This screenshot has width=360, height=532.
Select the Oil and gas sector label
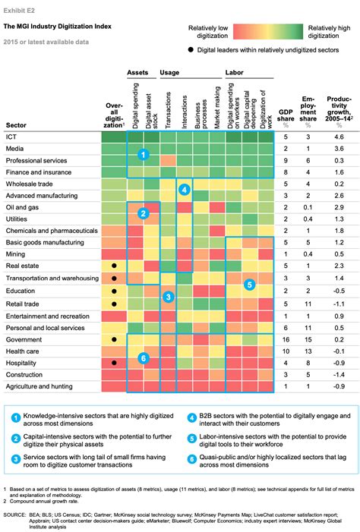coord(23,206)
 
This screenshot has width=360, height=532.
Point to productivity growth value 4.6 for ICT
coord(338,137)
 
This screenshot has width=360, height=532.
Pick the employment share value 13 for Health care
coord(308,351)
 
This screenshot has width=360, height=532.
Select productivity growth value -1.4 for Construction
coord(338,375)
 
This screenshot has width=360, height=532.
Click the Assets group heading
coord(137,74)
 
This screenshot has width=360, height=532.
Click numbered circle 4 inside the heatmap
coord(184,190)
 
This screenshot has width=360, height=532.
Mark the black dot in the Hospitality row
coord(113,363)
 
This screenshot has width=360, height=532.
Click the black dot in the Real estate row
coord(113,266)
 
